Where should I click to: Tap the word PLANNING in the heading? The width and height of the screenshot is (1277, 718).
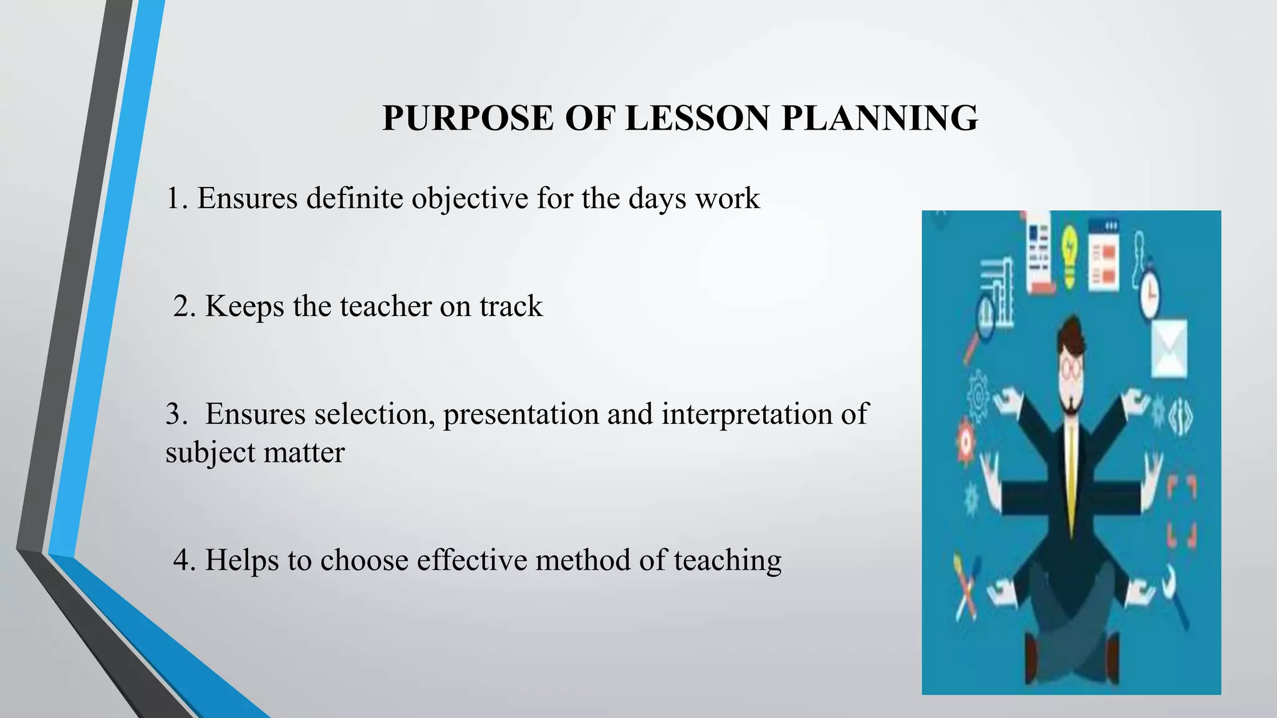pos(879,118)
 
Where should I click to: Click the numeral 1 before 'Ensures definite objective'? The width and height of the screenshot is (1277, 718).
pos(173,199)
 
